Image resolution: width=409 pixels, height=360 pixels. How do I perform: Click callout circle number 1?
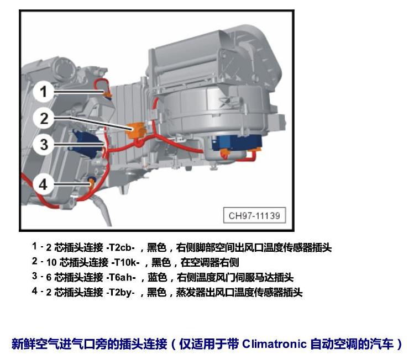click(x=44, y=92)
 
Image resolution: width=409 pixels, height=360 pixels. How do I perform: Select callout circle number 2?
click(x=44, y=118)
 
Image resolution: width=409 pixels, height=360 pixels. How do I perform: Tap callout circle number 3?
click(x=44, y=145)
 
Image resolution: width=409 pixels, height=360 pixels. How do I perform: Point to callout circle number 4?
click(x=43, y=184)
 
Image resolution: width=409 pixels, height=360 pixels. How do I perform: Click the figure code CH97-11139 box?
click(x=254, y=215)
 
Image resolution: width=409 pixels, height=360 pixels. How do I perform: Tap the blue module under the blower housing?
click(x=237, y=143)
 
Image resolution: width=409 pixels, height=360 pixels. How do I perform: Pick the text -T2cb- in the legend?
click(x=120, y=247)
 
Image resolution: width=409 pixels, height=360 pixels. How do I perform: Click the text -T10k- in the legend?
click(x=125, y=262)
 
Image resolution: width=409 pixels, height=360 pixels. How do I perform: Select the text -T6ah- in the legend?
click(x=121, y=277)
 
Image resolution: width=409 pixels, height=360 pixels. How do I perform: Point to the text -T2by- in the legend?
click(x=120, y=292)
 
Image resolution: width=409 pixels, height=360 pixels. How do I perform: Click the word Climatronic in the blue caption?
click(x=274, y=343)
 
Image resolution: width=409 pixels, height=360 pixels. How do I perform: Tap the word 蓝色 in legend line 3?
click(x=158, y=277)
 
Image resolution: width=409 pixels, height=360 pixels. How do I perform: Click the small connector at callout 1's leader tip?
click(x=108, y=94)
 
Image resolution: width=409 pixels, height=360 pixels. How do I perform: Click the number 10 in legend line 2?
click(x=51, y=262)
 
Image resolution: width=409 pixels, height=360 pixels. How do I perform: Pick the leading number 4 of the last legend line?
click(x=35, y=291)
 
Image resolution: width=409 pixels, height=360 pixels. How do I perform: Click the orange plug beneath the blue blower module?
click(x=225, y=153)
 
